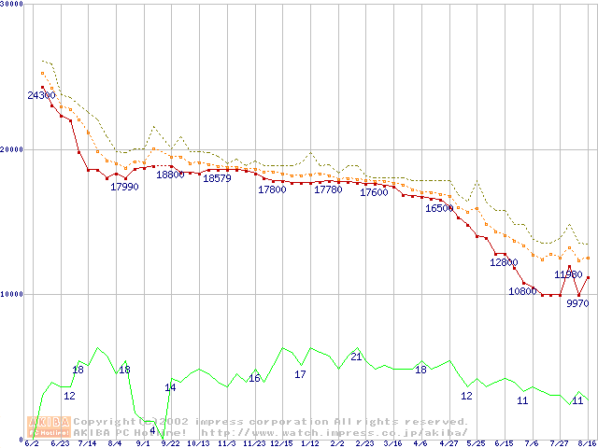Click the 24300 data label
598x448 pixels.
40,95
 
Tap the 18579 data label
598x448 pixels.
217,178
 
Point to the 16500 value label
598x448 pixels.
439,208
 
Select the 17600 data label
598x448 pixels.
374,192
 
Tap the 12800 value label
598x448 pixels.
504,262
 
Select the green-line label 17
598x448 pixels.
300,374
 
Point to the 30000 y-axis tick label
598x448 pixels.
12,4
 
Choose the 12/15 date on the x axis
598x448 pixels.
281,442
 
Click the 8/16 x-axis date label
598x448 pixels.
587,442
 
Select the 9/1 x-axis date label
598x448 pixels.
143,442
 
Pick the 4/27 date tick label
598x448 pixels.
448,442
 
